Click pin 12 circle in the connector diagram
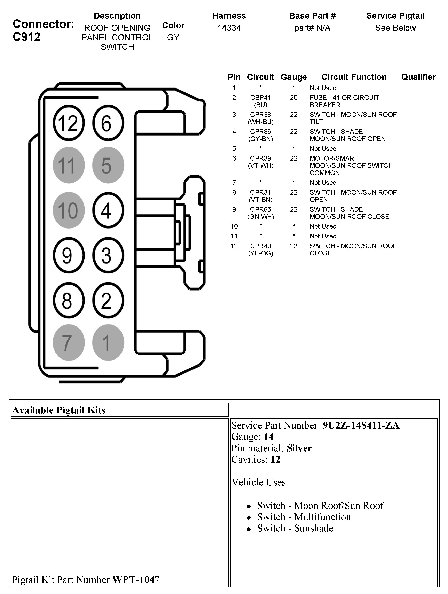pos(69,123)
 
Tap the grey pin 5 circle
pos(108,165)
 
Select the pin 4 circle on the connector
pos(108,210)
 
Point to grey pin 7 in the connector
pos(69,342)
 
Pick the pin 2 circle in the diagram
pos(108,300)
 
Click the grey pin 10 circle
pos(69,210)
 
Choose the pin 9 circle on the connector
pos(69,255)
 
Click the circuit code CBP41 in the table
pos(260,98)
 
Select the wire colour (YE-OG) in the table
pos(260,253)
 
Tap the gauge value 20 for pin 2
pos(294,98)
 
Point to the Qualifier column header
pos(418,77)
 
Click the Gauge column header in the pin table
pos(293,77)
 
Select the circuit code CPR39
pos(260,159)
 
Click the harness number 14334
pos(229,28)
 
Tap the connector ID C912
pos(26,37)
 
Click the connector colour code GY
pos(173,38)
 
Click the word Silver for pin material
pos(299,448)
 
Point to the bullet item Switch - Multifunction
pos(304,517)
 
